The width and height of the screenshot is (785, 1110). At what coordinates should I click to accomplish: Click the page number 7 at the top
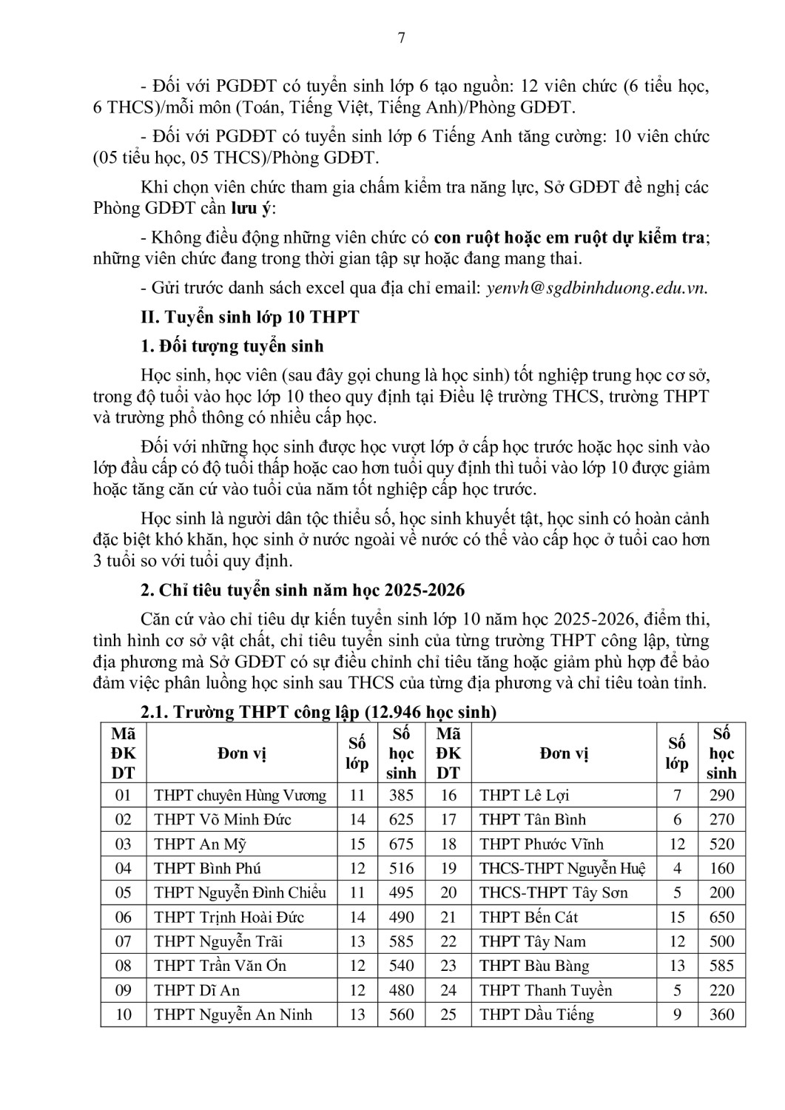pyautogui.click(x=402, y=38)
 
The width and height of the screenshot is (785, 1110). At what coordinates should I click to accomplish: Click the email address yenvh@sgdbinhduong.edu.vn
pyautogui.click(x=596, y=288)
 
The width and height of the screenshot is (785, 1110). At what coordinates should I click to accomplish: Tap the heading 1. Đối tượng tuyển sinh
pyautogui.click(x=232, y=346)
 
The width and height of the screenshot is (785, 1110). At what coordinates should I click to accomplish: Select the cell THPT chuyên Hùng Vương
pyautogui.click(x=240, y=795)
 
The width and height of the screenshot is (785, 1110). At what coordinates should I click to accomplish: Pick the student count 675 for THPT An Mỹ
pyautogui.click(x=401, y=844)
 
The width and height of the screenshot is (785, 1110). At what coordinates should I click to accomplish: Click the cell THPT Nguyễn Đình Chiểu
pyautogui.click(x=240, y=893)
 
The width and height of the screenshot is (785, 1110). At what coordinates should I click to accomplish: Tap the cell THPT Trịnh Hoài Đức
pyautogui.click(x=229, y=918)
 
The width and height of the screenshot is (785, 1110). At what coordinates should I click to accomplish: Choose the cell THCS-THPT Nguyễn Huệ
pyautogui.click(x=562, y=869)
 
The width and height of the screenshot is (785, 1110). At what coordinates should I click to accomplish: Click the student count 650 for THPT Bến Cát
pyautogui.click(x=721, y=918)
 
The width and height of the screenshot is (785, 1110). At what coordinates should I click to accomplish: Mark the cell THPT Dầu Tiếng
pyautogui.click(x=536, y=1015)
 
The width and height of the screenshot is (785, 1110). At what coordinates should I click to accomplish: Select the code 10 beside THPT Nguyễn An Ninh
pyautogui.click(x=124, y=1015)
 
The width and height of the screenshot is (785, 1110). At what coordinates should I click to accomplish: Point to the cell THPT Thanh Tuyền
pyautogui.click(x=545, y=990)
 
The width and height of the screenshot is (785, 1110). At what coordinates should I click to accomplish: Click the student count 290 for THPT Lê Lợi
pyautogui.click(x=721, y=795)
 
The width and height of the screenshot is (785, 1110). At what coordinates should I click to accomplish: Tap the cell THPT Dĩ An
pyautogui.click(x=197, y=990)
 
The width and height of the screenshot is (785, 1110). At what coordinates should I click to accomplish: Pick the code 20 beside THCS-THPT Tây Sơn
pyautogui.click(x=448, y=893)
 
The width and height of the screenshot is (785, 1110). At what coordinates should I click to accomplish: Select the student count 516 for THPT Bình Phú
pyautogui.click(x=401, y=869)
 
